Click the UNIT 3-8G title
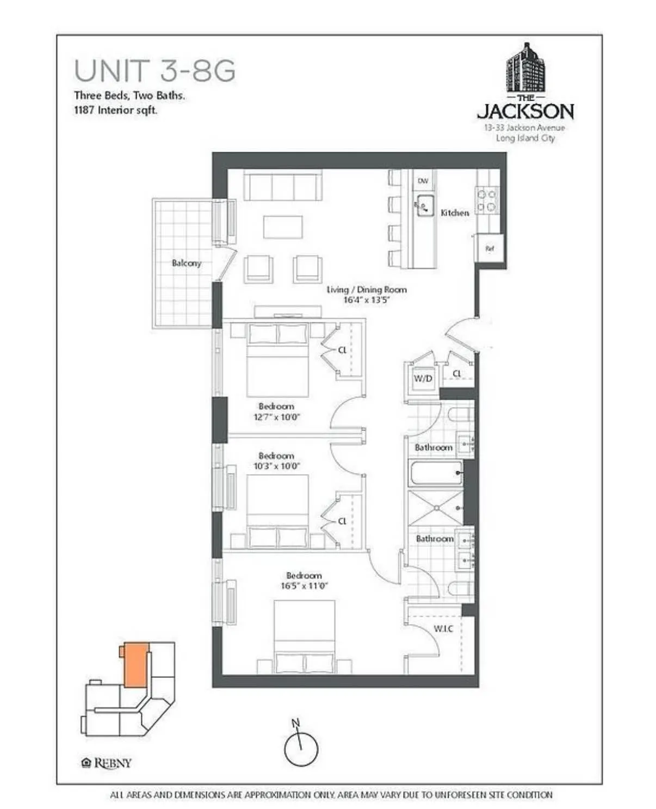pyautogui.click(x=154, y=71)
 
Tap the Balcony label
pyautogui.click(x=186, y=263)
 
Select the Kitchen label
pyautogui.click(x=454, y=213)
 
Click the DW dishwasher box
pyautogui.click(x=423, y=181)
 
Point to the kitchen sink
pyautogui.click(x=425, y=206)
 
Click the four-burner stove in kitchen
pyautogui.click(x=486, y=200)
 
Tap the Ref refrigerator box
pyautogui.click(x=490, y=248)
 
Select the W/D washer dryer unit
pyautogui.click(x=423, y=378)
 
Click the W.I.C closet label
pyautogui.click(x=443, y=628)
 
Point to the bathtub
pyautogui.click(x=436, y=473)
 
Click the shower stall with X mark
pyautogui.click(x=436, y=508)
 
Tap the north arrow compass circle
pyautogui.click(x=301, y=749)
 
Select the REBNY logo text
pyautogui.click(x=113, y=763)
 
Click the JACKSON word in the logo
pyautogui.click(x=525, y=112)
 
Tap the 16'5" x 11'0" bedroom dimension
pyautogui.click(x=304, y=586)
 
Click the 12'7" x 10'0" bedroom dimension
pyautogui.click(x=276, y=418)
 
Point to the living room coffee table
pyautogui.click(x=283, y=227)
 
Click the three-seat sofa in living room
pyautogui.click(x=282, y=185)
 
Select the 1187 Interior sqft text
pyautogui.click(x=116, y=110)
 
